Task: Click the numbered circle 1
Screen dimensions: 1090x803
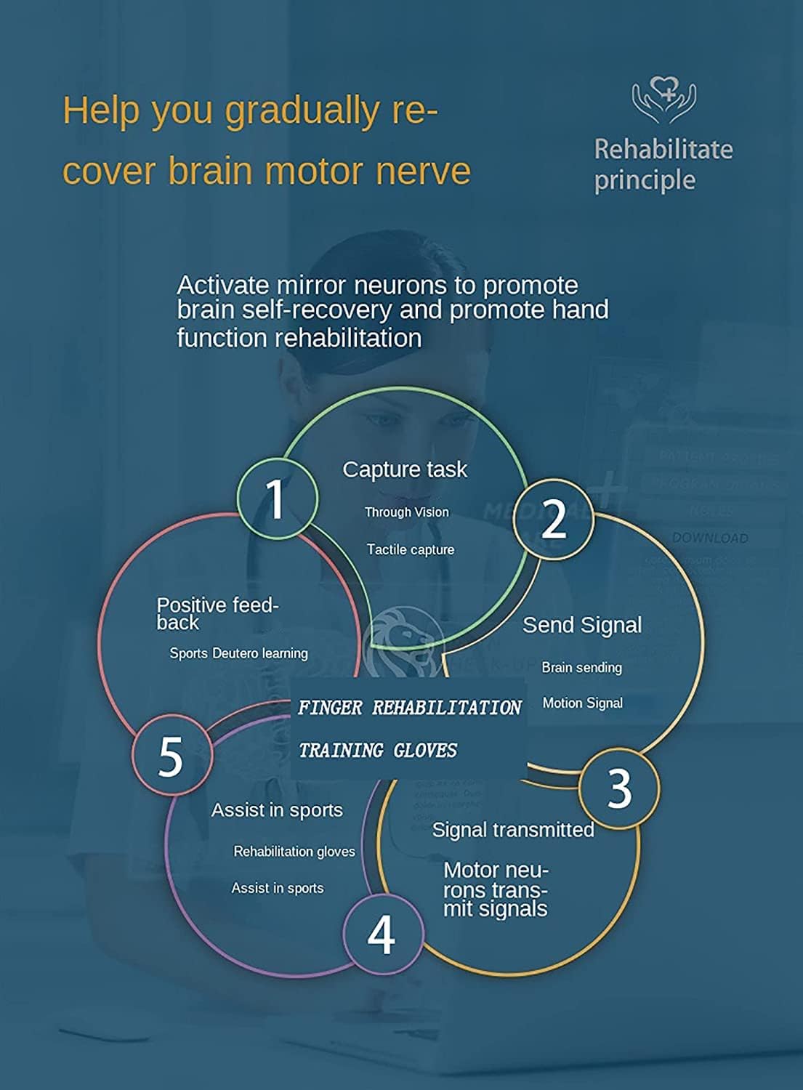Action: (x=277, y=498)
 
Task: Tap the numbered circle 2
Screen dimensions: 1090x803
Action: (x=554, y=519)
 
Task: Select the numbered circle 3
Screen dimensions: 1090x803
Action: (x=619, y=788)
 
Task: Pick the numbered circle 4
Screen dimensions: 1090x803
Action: (x=382, y=934)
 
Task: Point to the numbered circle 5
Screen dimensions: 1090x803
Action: (x=172, y=756)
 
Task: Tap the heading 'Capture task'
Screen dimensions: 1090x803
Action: (x=405, y=469)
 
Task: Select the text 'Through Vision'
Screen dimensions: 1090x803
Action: (x=406, y=512)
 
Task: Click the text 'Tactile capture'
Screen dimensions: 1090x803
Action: (x=410, y=550)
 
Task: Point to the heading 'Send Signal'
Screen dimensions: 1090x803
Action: (x=581, y=625)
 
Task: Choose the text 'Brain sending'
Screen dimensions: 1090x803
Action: (x=581, y=667)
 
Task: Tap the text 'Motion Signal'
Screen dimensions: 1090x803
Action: (x=582, y=703)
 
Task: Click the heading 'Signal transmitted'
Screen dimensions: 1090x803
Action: (x=512, y=830)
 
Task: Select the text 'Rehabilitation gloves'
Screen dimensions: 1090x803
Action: (x=294, y=851)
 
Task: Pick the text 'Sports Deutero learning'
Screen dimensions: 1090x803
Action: (x=238, y=653)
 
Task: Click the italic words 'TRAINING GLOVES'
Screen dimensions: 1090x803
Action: (x=378, y=750)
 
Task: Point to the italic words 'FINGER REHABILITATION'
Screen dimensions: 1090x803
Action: (x=409, y=708)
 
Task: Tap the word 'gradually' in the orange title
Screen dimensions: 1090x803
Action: (x=302, y=112)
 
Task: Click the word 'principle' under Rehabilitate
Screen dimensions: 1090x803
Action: (x=644, y=180)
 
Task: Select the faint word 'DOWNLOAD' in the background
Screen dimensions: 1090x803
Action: (x=709, y=538)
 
